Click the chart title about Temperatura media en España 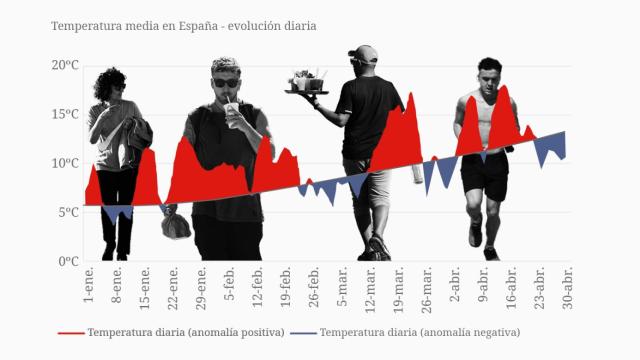tap(183, 26)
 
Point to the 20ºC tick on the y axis tap(65, 65)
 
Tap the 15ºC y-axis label tap(65, 114)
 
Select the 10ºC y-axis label tap(65, 163)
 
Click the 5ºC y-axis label tap(68, 212)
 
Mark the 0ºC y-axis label tap(68, 261)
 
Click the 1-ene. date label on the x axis tap(88, 287)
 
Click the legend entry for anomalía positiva tap(173, 332)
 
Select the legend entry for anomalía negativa tap(406, 332)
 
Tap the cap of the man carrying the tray tap(364, 54)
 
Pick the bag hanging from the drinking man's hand tap(176, 225)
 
